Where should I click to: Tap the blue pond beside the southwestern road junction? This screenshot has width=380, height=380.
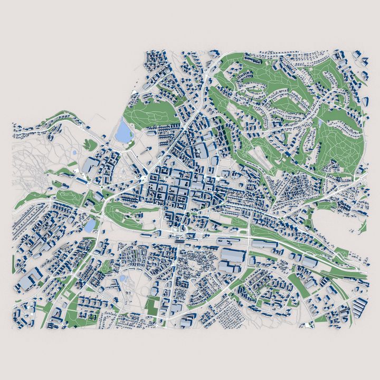pyautogui.click(x=90, y=226)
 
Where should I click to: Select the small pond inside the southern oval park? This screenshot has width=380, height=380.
pyautogui.click(x=122, y=278)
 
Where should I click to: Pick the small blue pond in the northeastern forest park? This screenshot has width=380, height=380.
pyautogui.click(x=320, y=122)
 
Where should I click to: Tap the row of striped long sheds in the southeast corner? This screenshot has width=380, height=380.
pyautogui.click(x=361, y=306)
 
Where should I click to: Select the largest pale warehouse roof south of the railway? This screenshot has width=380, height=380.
pyautogui.click(x=232, y=258)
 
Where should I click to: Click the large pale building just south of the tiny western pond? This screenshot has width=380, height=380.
pyautogui.click(x=88, y=167)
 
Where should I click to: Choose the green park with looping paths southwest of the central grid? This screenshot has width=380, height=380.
pyautogui.click(x=124, y=211)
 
